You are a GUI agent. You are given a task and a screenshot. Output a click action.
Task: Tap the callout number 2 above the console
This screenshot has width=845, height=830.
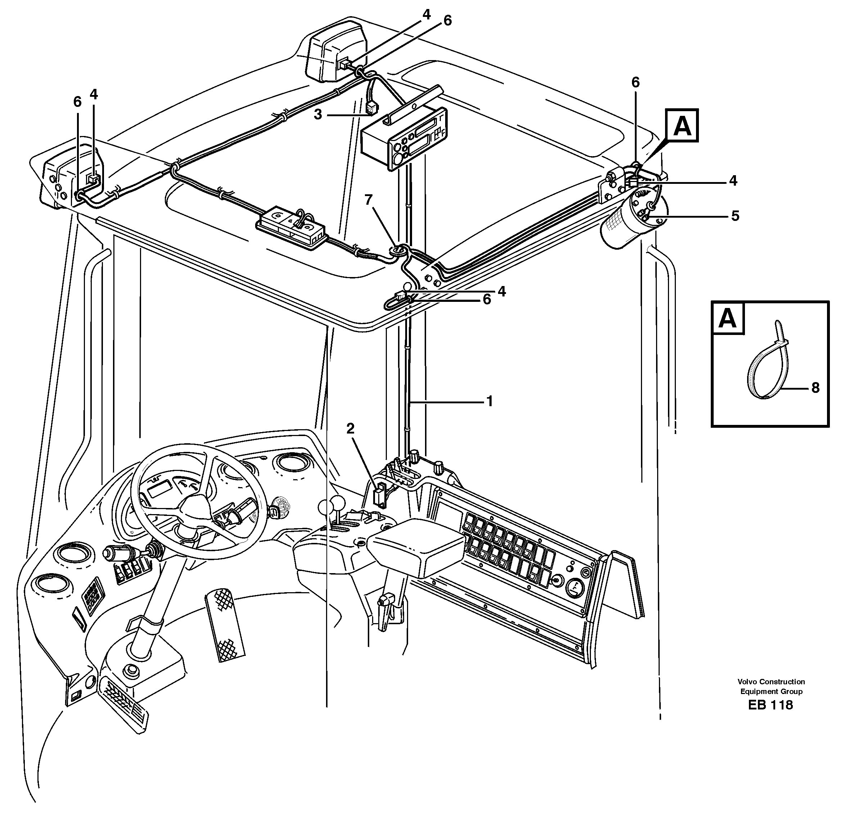tap(351, 428)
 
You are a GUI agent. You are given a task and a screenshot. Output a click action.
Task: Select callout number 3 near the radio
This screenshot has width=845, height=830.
tap(318, 115)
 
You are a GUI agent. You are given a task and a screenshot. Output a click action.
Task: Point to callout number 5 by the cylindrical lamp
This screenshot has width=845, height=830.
tap(735, 216)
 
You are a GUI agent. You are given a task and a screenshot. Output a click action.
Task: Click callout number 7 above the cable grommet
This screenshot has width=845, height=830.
tap(369, 200)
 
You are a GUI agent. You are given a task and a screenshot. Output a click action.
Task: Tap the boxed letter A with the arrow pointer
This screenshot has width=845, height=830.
tap(682, 126)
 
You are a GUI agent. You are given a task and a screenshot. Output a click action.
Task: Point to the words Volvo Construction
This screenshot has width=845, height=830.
tap(771, 682)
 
